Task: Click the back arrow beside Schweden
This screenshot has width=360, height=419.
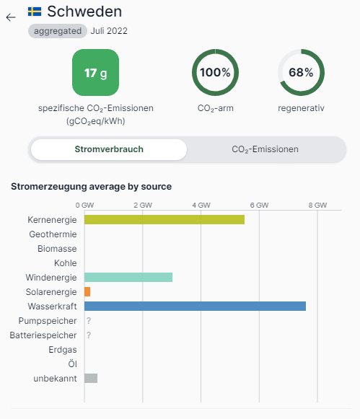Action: click(11, 17)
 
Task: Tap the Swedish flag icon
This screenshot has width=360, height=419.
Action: click(35, 12)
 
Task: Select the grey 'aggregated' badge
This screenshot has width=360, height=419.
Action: click(58, 31)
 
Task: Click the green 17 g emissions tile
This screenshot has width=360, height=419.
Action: click(96, 72)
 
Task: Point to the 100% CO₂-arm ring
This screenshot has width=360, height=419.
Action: click(216, 50)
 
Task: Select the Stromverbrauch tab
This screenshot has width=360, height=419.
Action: click(109, 149)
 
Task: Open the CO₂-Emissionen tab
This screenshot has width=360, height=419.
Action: click(265, 149)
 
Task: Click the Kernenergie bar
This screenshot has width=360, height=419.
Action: click(164, 220)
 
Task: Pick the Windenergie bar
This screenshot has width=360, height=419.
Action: click(128, 278)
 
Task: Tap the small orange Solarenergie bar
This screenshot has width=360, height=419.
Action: click(87, 292)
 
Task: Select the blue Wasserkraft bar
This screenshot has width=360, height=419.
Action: click(195, 306)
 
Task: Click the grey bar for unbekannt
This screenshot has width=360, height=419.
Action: click(91, 379)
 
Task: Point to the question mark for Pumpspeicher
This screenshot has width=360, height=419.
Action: click(89, 321)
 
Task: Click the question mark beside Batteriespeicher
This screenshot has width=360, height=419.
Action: click(89, 335)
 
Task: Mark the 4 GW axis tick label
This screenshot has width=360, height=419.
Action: click(201, 206)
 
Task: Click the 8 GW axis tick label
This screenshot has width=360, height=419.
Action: click(317, 206)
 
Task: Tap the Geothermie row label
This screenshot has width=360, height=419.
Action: click(53, 234)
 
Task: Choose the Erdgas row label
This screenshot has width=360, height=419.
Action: click(63, 350)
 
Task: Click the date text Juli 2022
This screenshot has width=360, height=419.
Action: click(109, 31)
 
